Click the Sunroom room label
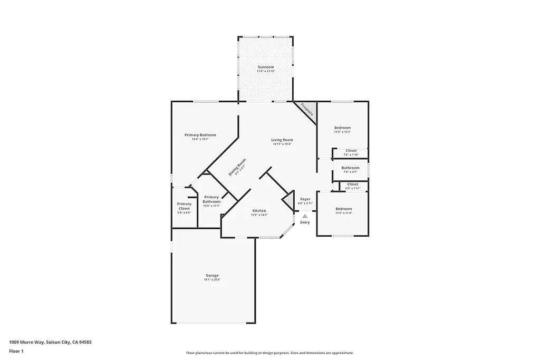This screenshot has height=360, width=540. (266, 67)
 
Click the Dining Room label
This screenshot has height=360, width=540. (237, 167)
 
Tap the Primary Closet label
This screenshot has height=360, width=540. (184, 206)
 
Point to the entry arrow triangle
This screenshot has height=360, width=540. (305, 216)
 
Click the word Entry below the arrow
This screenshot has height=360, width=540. (305, 222)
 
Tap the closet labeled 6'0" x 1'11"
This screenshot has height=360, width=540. (353, 185)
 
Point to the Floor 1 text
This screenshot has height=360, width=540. (16, 351)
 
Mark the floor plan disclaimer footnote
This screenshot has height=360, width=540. (269, 353)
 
